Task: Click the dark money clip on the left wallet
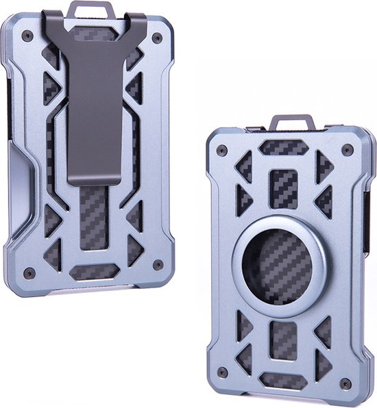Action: pos(96,103)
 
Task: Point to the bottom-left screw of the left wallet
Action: pos(28,272)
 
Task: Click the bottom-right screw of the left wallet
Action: pos(158,264)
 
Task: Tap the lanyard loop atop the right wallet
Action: pos(292,123)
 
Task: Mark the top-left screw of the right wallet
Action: pos(221,150)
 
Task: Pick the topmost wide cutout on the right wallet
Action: pos(284,146)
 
